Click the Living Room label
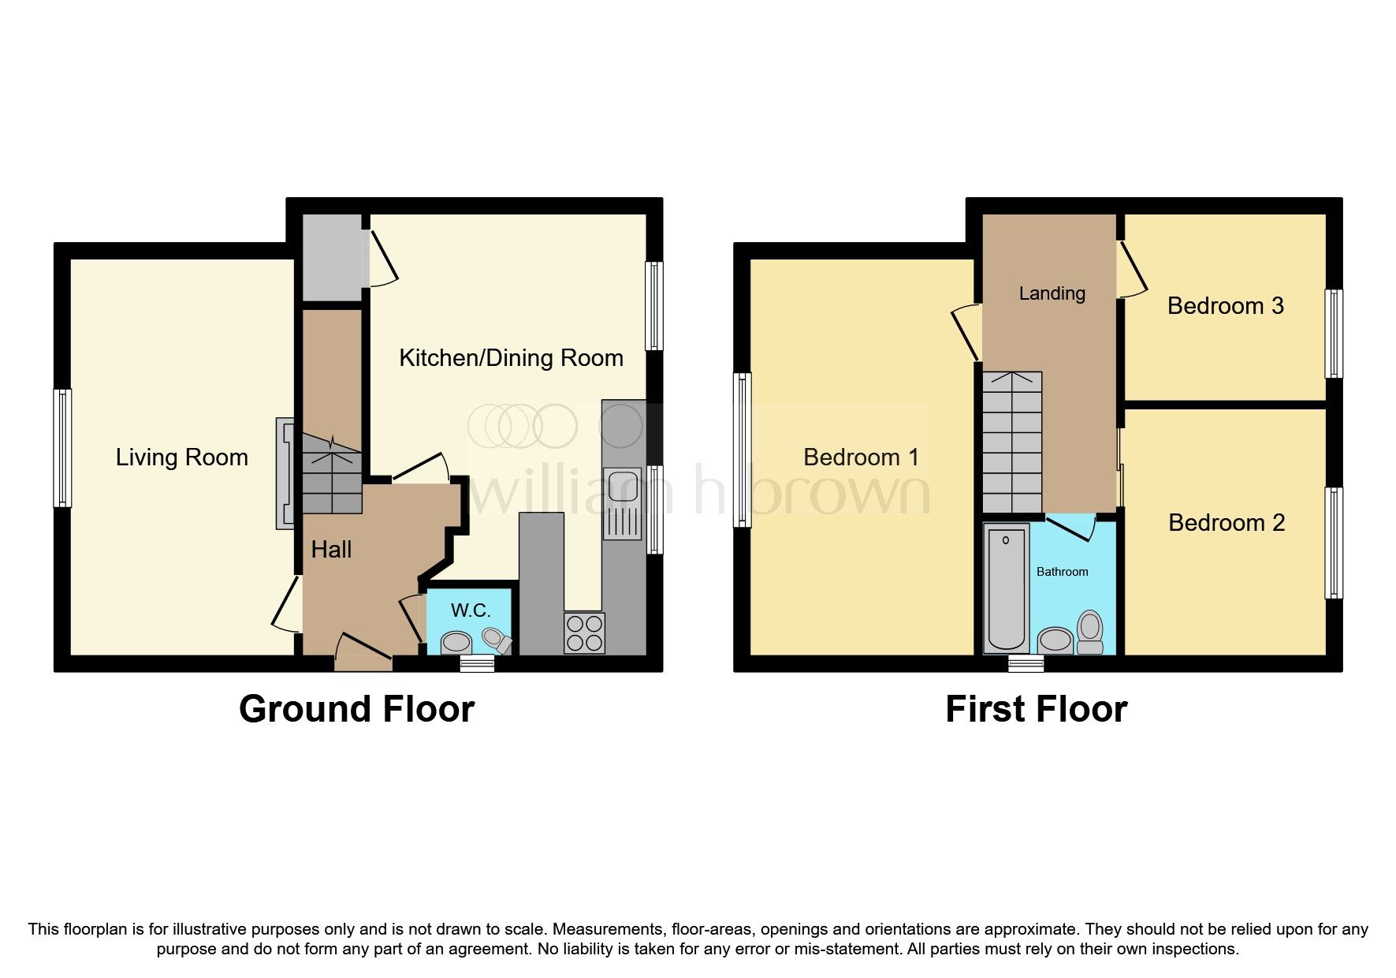pos(182,457)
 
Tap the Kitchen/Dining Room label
pos(511,358)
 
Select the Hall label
pos(331,550)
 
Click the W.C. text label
pos(471,610)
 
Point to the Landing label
pos(1052,294)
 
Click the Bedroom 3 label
pos(1226,306)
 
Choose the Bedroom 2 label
pos(1227,523)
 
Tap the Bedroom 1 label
pos(861,457)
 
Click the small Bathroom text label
pos(1062,572)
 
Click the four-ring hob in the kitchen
pos(585,633)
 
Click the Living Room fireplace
pos(285,473)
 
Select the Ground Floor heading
pos(356,709)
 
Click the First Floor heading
pos(1036,709)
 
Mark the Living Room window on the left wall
pos(62,447)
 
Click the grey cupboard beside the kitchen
pos(333,257)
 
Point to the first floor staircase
pos(1013,442)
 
